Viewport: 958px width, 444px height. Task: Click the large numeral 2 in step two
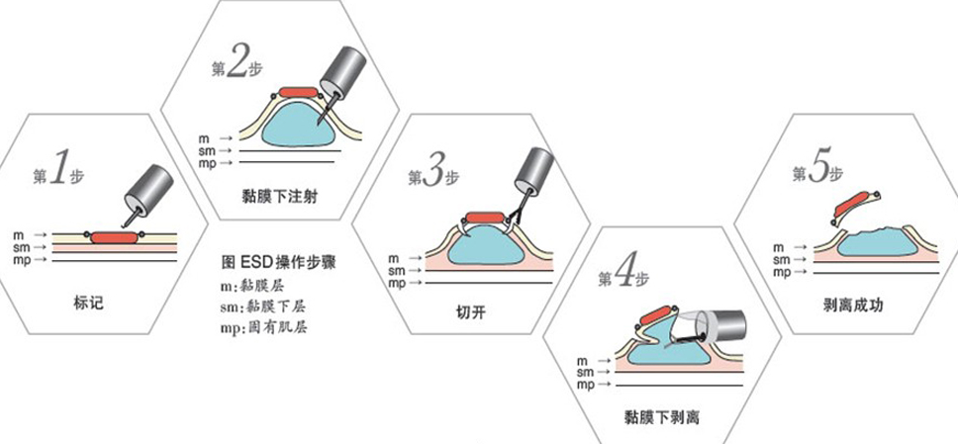[239, 63]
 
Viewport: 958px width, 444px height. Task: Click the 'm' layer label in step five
[778, 243]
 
